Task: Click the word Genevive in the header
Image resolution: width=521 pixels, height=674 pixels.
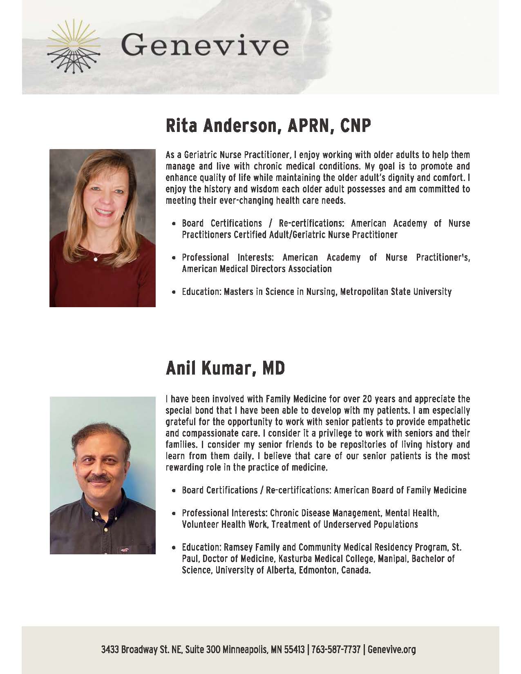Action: point(205,46)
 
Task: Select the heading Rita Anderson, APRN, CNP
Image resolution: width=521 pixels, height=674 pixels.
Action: point(268,127)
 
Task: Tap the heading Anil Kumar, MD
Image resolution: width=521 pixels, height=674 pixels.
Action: point(225,368)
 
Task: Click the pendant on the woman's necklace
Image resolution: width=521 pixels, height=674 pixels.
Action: point(96,259)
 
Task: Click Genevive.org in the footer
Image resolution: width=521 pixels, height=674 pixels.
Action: point(391,649)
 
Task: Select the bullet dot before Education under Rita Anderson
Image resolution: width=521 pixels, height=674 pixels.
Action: point(174,292)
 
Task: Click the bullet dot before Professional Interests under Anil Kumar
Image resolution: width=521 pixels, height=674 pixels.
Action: point(174,513)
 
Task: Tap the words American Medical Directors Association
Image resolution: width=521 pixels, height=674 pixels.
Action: point(257,269)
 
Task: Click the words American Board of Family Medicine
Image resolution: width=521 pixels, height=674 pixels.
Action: point(400,490)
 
